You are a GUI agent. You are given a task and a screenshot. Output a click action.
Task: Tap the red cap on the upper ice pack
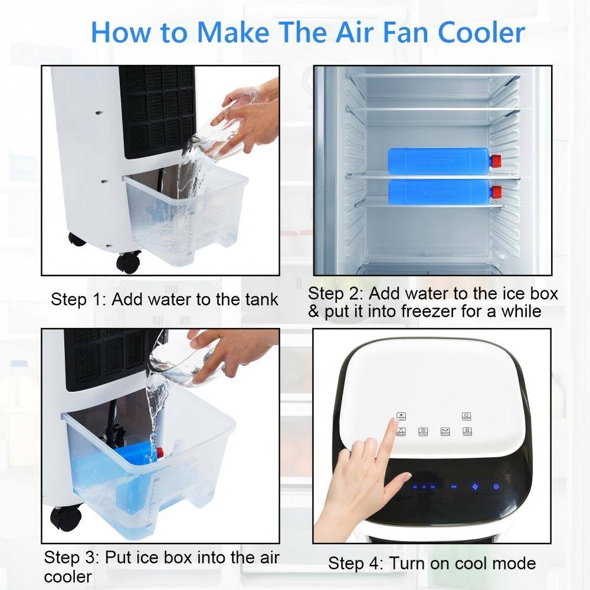pyautogui.click(x=496, y=159)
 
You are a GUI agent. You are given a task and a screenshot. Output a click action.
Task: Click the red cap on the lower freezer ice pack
pyautogui.click(x=496, y=192)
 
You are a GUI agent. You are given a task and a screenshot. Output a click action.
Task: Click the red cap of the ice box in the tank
pyautogui.click(x=159, y=453)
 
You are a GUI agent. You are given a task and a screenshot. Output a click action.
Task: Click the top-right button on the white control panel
pyautogui.click(x=466, y=416)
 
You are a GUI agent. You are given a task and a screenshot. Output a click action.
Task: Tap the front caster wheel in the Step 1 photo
pyautogui.click(x=128, y=261)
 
